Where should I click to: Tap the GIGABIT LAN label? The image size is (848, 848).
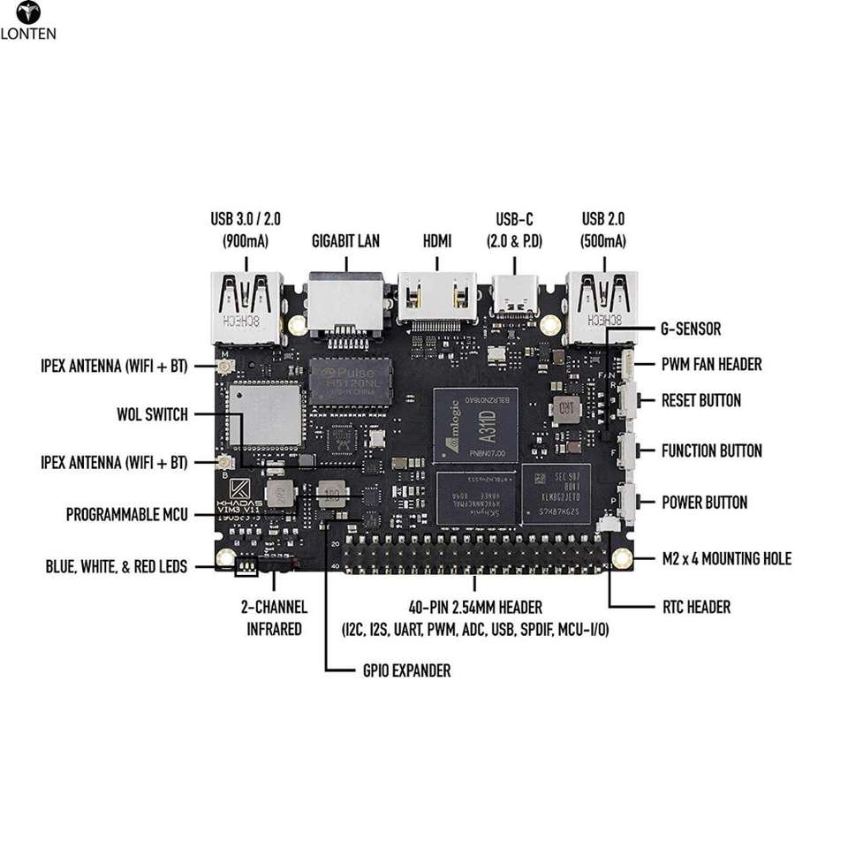[x=345, y=240]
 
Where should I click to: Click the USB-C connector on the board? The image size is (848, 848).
[x=513, y=299]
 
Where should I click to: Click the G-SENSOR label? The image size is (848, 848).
[x=691, y=329]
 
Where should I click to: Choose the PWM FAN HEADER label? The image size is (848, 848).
[x=711, y=364]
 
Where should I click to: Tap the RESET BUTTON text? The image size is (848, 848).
[x=701, y=400]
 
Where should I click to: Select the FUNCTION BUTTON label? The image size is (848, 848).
[x=711, y=451]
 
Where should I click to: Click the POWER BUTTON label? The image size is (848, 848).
[x=704, y=503]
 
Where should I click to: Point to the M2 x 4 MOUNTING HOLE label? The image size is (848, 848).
[x=726, y=558]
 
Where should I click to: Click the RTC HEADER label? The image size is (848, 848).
[x=696, y=607]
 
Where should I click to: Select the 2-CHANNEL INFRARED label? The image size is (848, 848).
[x=274, y=617]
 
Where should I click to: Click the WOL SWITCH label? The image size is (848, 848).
[x=152, y=414]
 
